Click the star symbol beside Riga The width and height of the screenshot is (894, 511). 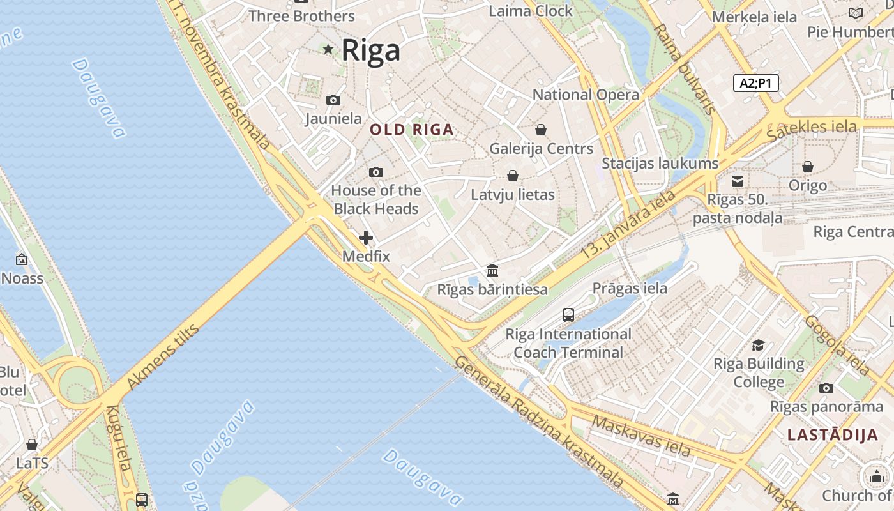328,49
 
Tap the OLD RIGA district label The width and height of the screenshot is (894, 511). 412,130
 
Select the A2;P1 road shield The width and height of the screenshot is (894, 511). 756,83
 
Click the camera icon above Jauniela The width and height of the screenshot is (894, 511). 333,100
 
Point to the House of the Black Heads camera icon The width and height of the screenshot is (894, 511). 376,172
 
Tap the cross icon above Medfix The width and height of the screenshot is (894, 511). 366,238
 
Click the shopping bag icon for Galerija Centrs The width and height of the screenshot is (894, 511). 541,130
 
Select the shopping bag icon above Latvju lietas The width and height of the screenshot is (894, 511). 512,176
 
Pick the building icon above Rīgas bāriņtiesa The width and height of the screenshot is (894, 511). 492,270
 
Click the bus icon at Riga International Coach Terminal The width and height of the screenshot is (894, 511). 568,314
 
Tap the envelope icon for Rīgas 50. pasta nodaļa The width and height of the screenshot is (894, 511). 738,181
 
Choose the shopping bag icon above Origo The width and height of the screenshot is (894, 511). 808,167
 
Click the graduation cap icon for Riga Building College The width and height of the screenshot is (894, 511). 758,345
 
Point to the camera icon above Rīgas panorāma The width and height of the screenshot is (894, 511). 826,388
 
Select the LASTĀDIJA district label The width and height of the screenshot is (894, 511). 833,435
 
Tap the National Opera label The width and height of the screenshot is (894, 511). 586,95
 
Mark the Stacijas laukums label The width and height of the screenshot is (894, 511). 660,164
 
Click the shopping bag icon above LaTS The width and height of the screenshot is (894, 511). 32,445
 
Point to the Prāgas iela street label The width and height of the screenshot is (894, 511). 630,288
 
